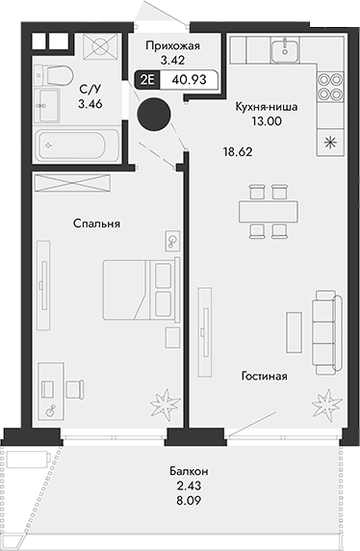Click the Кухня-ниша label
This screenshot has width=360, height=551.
(265, 109)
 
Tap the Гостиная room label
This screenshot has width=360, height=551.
(264, 376)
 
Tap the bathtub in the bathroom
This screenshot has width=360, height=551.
(71, 147)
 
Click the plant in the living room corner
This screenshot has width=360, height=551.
(329, 399)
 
